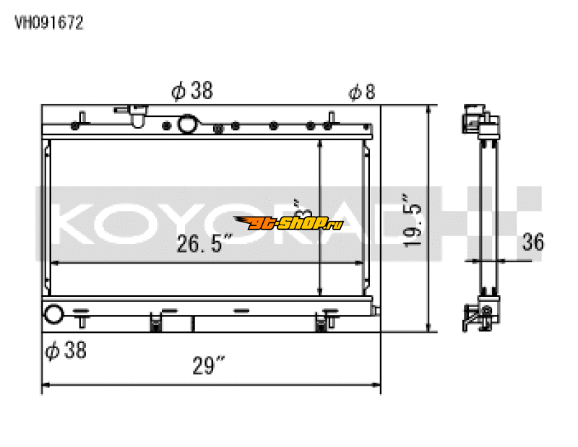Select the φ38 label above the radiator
(191, 91)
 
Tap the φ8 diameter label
(362, 92)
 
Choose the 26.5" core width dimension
(204, 246)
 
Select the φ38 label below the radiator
(66, 351)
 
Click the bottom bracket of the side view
(479, 316)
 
